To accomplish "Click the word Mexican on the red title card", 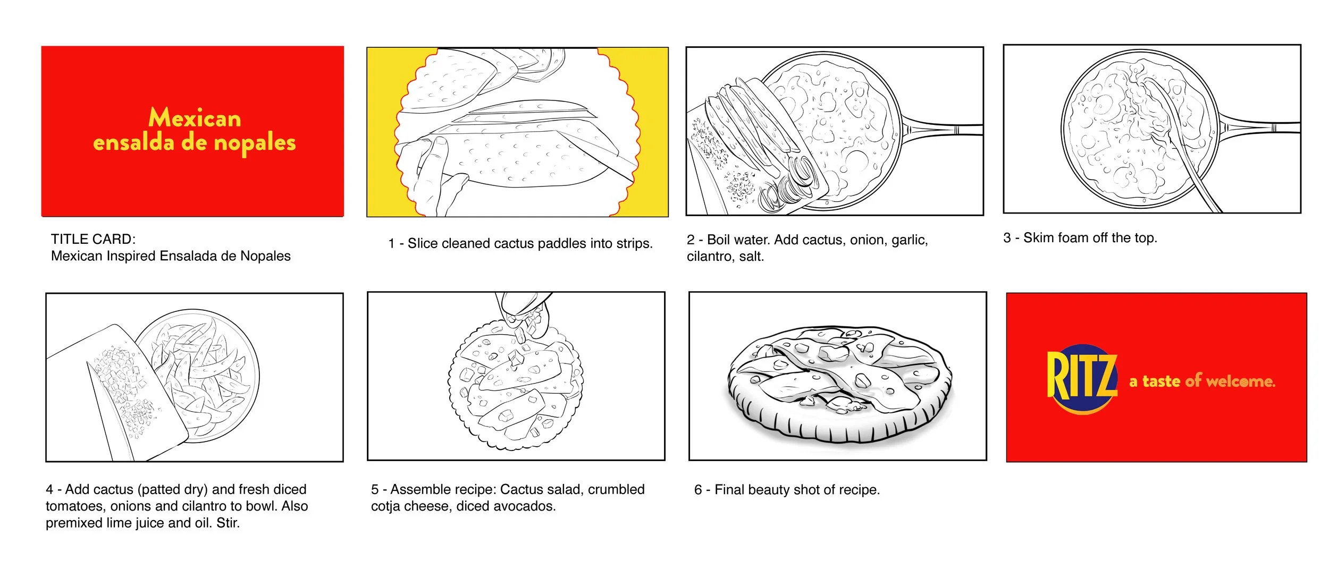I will click(x=195, y=118).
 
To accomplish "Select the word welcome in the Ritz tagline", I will click(x=1240, y=381).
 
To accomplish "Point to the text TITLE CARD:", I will click(x=93, y=239).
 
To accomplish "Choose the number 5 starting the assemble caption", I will click(x=375, y=489).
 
